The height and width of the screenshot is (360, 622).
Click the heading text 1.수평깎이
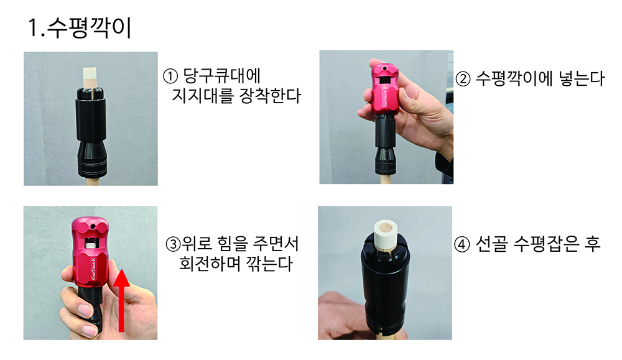click(80, 28)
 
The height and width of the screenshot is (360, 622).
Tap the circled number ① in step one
click(170, 76)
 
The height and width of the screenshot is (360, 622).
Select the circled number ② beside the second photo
click(463, 79)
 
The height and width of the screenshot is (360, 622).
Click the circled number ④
click(462, 244)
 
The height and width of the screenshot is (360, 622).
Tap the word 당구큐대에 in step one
click(222, 76)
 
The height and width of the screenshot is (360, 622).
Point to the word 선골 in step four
click(491, 244)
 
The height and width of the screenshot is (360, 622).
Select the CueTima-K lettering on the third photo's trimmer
click(94, 268)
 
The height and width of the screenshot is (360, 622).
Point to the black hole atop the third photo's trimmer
click(93, 227)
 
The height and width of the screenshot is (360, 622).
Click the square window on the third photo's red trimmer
click(93, 242)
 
